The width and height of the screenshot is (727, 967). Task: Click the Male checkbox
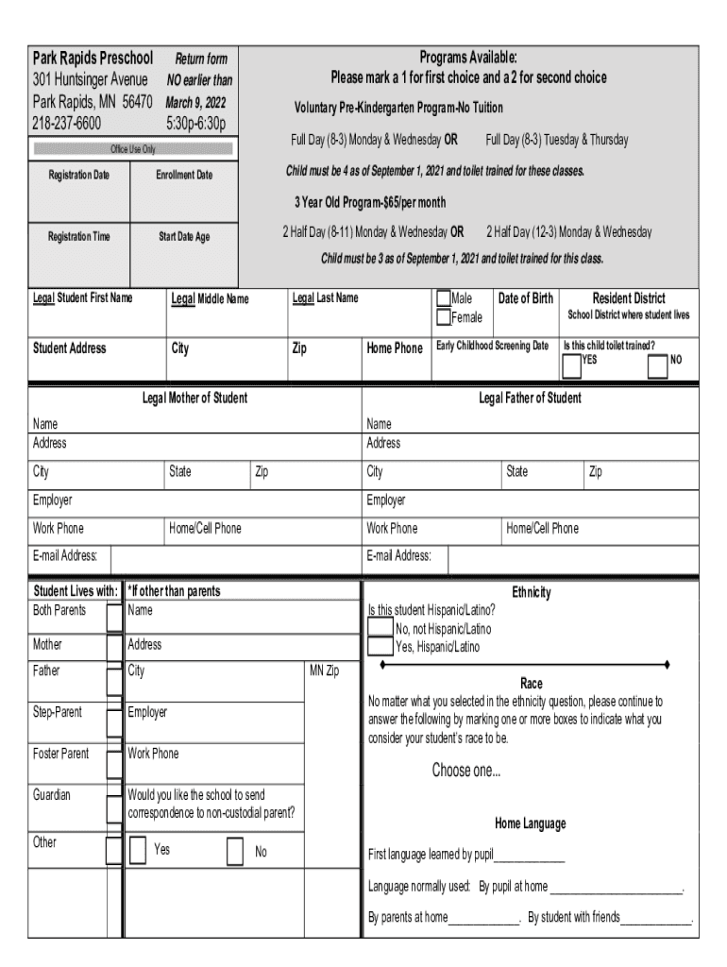[x=443, y=299]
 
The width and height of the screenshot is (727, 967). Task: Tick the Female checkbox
[x=443, y=317]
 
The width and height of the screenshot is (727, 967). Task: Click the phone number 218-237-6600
[x=67, y=123]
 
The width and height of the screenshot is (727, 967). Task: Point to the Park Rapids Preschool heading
[x=93, y=59]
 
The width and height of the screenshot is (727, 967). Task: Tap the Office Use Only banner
[x=133, y=149]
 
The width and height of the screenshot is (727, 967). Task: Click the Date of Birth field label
[x=526, y=299]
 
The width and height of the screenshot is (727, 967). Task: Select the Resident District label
[x=628, y=298]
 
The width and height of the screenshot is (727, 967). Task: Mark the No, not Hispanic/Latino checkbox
[x=380, y=629]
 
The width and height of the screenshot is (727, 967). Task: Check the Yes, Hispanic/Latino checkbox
[x=380, y=647]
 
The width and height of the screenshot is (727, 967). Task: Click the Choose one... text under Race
[x=466, y=771]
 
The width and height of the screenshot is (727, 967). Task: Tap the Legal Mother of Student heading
[x=194, y=399]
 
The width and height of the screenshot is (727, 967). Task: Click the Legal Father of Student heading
[x=530, y=399]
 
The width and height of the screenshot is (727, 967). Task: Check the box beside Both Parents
[x=114, y=618]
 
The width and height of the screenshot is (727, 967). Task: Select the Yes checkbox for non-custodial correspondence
[x=138, y=850]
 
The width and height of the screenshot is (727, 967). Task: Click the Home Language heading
[x=530, y=823]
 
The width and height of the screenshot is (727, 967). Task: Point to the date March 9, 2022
[x=196, y=103]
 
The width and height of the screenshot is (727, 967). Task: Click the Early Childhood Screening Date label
[x=492, y=347]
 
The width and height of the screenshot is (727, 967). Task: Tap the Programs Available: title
[x=468, y=58]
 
